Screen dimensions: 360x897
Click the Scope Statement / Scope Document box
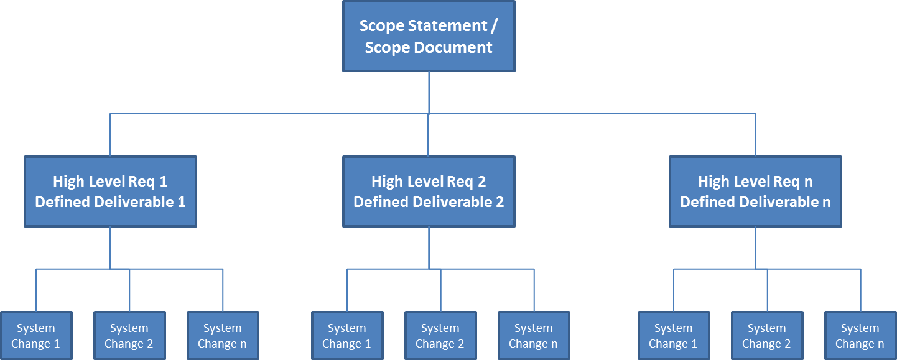click(x=429, y=36)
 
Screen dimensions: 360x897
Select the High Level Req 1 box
click(x=110, y=192)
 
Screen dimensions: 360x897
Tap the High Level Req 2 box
click(x=429, y=192)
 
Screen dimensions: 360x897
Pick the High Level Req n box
click(x=755, y=192)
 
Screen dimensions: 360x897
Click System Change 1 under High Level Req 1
click(x=36, y=336)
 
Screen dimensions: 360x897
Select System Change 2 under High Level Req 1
click(x=129, y=336)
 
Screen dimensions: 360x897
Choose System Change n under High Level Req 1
click(x=223, y=336)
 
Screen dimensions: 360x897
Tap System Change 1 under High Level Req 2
click(x=347, y=336)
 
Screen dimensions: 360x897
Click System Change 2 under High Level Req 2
click(x=440, y=336)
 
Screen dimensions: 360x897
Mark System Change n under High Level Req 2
click(x=534, y=336)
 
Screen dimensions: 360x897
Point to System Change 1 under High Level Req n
click(x=674, y=336)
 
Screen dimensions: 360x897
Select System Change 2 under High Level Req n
click(x=767, y=336)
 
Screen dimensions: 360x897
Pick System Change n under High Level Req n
click(x=860, y=336)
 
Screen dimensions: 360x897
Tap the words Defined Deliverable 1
click(x=110, y=202)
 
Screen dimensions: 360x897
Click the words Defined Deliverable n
click(x=755, y=202)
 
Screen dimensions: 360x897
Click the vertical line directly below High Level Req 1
click(x=110, y=247)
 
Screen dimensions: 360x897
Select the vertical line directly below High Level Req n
click(x=755, y=247)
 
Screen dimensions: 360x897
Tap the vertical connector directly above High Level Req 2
click(x=429, y=135)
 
